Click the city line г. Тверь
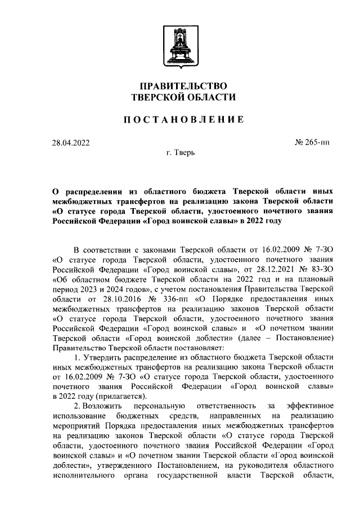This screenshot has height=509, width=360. [x=181, y=153]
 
